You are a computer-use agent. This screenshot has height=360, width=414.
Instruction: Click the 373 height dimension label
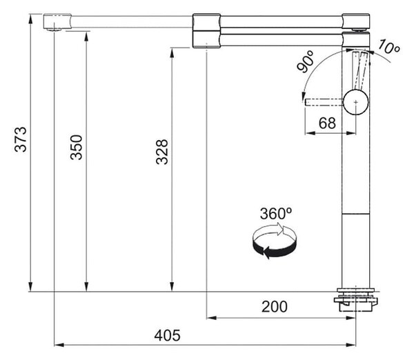pyautogui.click(x=21, y=139)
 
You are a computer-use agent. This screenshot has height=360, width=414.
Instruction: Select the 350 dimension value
pyautogui.click(x=77, y=147)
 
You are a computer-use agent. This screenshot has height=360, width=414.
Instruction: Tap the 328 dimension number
pyautogui.click(x=162, y=152)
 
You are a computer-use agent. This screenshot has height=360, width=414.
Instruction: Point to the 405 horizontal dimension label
pyautogui.click(x=168, y=335)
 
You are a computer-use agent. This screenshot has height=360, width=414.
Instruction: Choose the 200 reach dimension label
pyautogui.click(x=275, y=307)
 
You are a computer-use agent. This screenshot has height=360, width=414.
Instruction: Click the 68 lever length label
pyautogui.click(x=327, y=123)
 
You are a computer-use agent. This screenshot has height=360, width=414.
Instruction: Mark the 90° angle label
pyautogui.click(x=306, y=62)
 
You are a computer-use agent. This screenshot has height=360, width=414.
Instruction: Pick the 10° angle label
pyautogui.click(x=388, y=47)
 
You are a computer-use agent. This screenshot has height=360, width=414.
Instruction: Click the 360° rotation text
pyautogui.click(x=276, y=214)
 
